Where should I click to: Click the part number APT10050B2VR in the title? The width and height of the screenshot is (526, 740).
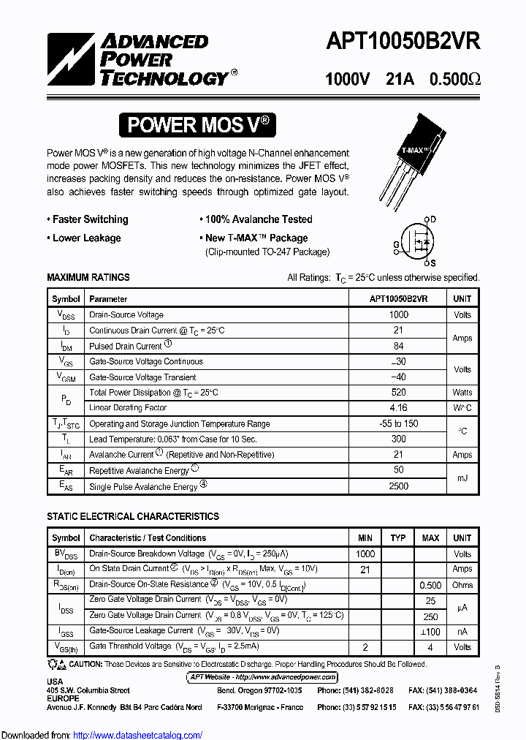pos(403,42)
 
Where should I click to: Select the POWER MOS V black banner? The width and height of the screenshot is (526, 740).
pos(198,125)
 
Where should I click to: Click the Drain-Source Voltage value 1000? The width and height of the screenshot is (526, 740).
pos(399,314)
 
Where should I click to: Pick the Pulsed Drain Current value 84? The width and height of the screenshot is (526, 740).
pos(399,346)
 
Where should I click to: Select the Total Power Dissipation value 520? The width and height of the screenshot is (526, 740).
pos(399,393)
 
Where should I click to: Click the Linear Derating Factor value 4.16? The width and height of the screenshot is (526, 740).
pos(399,408)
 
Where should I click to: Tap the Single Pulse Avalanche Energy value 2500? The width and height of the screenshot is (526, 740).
pos(399,486)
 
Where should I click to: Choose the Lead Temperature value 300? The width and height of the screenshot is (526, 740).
pos(399,439)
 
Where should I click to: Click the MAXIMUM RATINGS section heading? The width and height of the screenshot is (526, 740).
pos(88,278)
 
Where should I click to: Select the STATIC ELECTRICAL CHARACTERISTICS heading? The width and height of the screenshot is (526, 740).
pos(133,517)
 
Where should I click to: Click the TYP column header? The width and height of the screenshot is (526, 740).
pos(398,538)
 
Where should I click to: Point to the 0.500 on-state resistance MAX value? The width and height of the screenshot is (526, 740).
pos(430,585)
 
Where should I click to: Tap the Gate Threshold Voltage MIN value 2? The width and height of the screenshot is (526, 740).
pos(365,647)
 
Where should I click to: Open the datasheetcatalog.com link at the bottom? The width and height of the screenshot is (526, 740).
pos(138,735)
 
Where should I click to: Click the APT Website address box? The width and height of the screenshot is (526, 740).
pos(263,677)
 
